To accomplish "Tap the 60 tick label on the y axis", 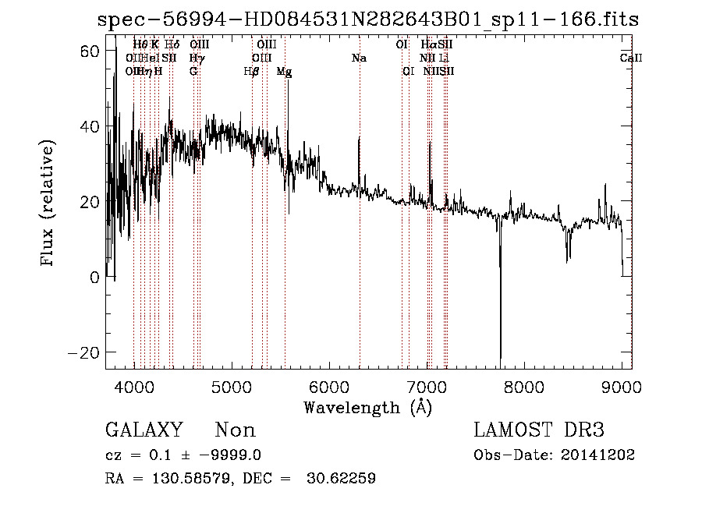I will [90, 51].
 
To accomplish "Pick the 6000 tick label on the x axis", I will [328, 386].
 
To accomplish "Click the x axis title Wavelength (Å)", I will [367, 407].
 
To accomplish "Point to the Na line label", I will [359, 58].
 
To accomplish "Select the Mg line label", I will [285, 71].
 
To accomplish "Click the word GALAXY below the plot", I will [144, 430].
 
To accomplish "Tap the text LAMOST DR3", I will [539, 430].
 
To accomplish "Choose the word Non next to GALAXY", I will [236, 430].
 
